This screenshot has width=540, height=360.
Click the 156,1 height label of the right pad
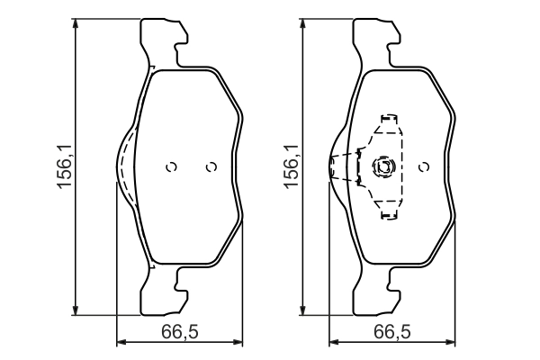(291, 167)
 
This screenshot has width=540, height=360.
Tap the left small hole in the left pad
(172, 166)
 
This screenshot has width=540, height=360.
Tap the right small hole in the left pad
(211, 166)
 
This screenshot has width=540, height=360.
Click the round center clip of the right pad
(383, 166)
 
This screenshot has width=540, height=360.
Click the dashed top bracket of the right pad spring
(390, 120)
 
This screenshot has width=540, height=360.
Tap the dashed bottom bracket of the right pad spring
(390, 213)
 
